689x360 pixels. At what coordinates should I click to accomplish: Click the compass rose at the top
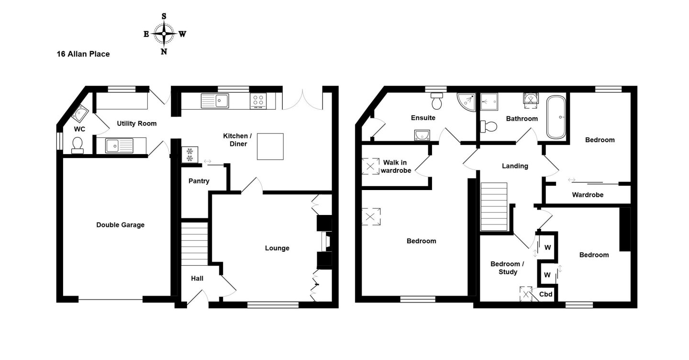click(x=164, y=34)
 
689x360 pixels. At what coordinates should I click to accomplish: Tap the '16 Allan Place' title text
click(x=83, y=54)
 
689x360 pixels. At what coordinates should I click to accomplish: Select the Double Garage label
click(x=120, y=225)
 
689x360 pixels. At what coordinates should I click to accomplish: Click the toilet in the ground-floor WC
click(x=77, y=145)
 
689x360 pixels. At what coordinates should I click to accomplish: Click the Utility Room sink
click(x=119, y=146)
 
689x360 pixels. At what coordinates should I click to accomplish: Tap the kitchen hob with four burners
click(x=258, y=101)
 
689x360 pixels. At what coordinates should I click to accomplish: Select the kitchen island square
click(x=270, y=146)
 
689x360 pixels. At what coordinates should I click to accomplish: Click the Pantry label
click(x=199, y=181)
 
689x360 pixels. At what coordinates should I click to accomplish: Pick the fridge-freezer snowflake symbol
click(x=190, y=155)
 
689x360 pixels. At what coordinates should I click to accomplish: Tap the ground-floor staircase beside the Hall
click(x=194, y=244)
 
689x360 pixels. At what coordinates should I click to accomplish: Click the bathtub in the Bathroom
click(x=556, y=117)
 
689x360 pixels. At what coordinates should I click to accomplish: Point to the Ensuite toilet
click(x=437, y=101)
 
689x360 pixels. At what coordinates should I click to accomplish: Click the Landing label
click(x=515, y=166)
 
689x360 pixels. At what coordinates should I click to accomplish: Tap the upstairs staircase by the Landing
click(x=494, y=206)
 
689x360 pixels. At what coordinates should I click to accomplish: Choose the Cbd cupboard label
click(x=545, y=294)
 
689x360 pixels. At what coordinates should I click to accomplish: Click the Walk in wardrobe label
click(x=396, y=167)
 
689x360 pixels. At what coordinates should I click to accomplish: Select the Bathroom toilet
click(x=489, y=126)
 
